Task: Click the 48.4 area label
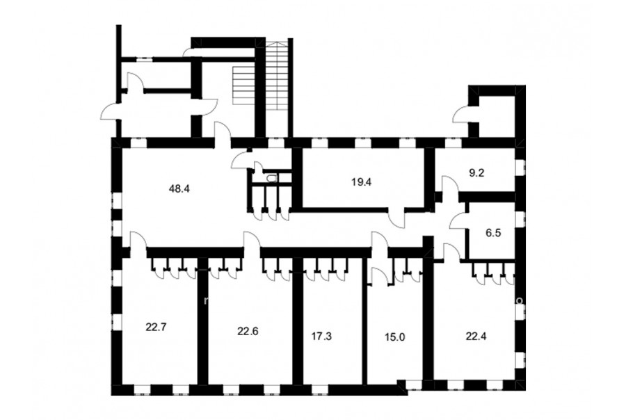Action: coord(179,188)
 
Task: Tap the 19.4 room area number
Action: coord(362,182)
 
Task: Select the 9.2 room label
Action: coord(476,174)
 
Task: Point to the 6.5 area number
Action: coord(493,233)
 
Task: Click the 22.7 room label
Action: coord(156,328)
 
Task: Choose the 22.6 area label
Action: coord(248,331)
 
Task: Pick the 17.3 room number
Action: coord(321,336)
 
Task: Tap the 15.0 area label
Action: coord(395,337)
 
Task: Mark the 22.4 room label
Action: coord(476,336)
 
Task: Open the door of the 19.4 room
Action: coord(396,218)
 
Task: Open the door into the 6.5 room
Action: coord(459,220)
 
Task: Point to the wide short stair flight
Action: coord(243,85)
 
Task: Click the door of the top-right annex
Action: coord(460,115)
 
